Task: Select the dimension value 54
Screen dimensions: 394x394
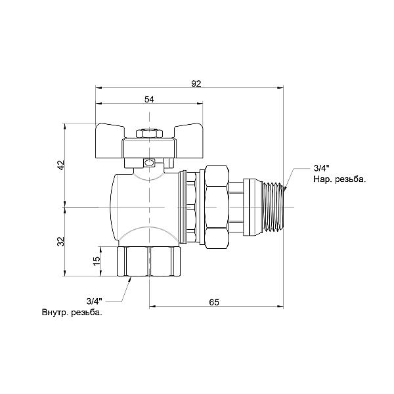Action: click(149, 99)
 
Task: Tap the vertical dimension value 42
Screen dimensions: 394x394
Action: click(60, 165)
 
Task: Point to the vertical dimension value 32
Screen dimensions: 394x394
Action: click(60, 241)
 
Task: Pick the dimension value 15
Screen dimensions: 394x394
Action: click(97, 260)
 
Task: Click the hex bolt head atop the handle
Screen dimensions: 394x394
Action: click(150, 135)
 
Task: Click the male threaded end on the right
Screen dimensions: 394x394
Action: click(273, 206)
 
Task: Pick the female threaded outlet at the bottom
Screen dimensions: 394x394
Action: click(150, 261)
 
